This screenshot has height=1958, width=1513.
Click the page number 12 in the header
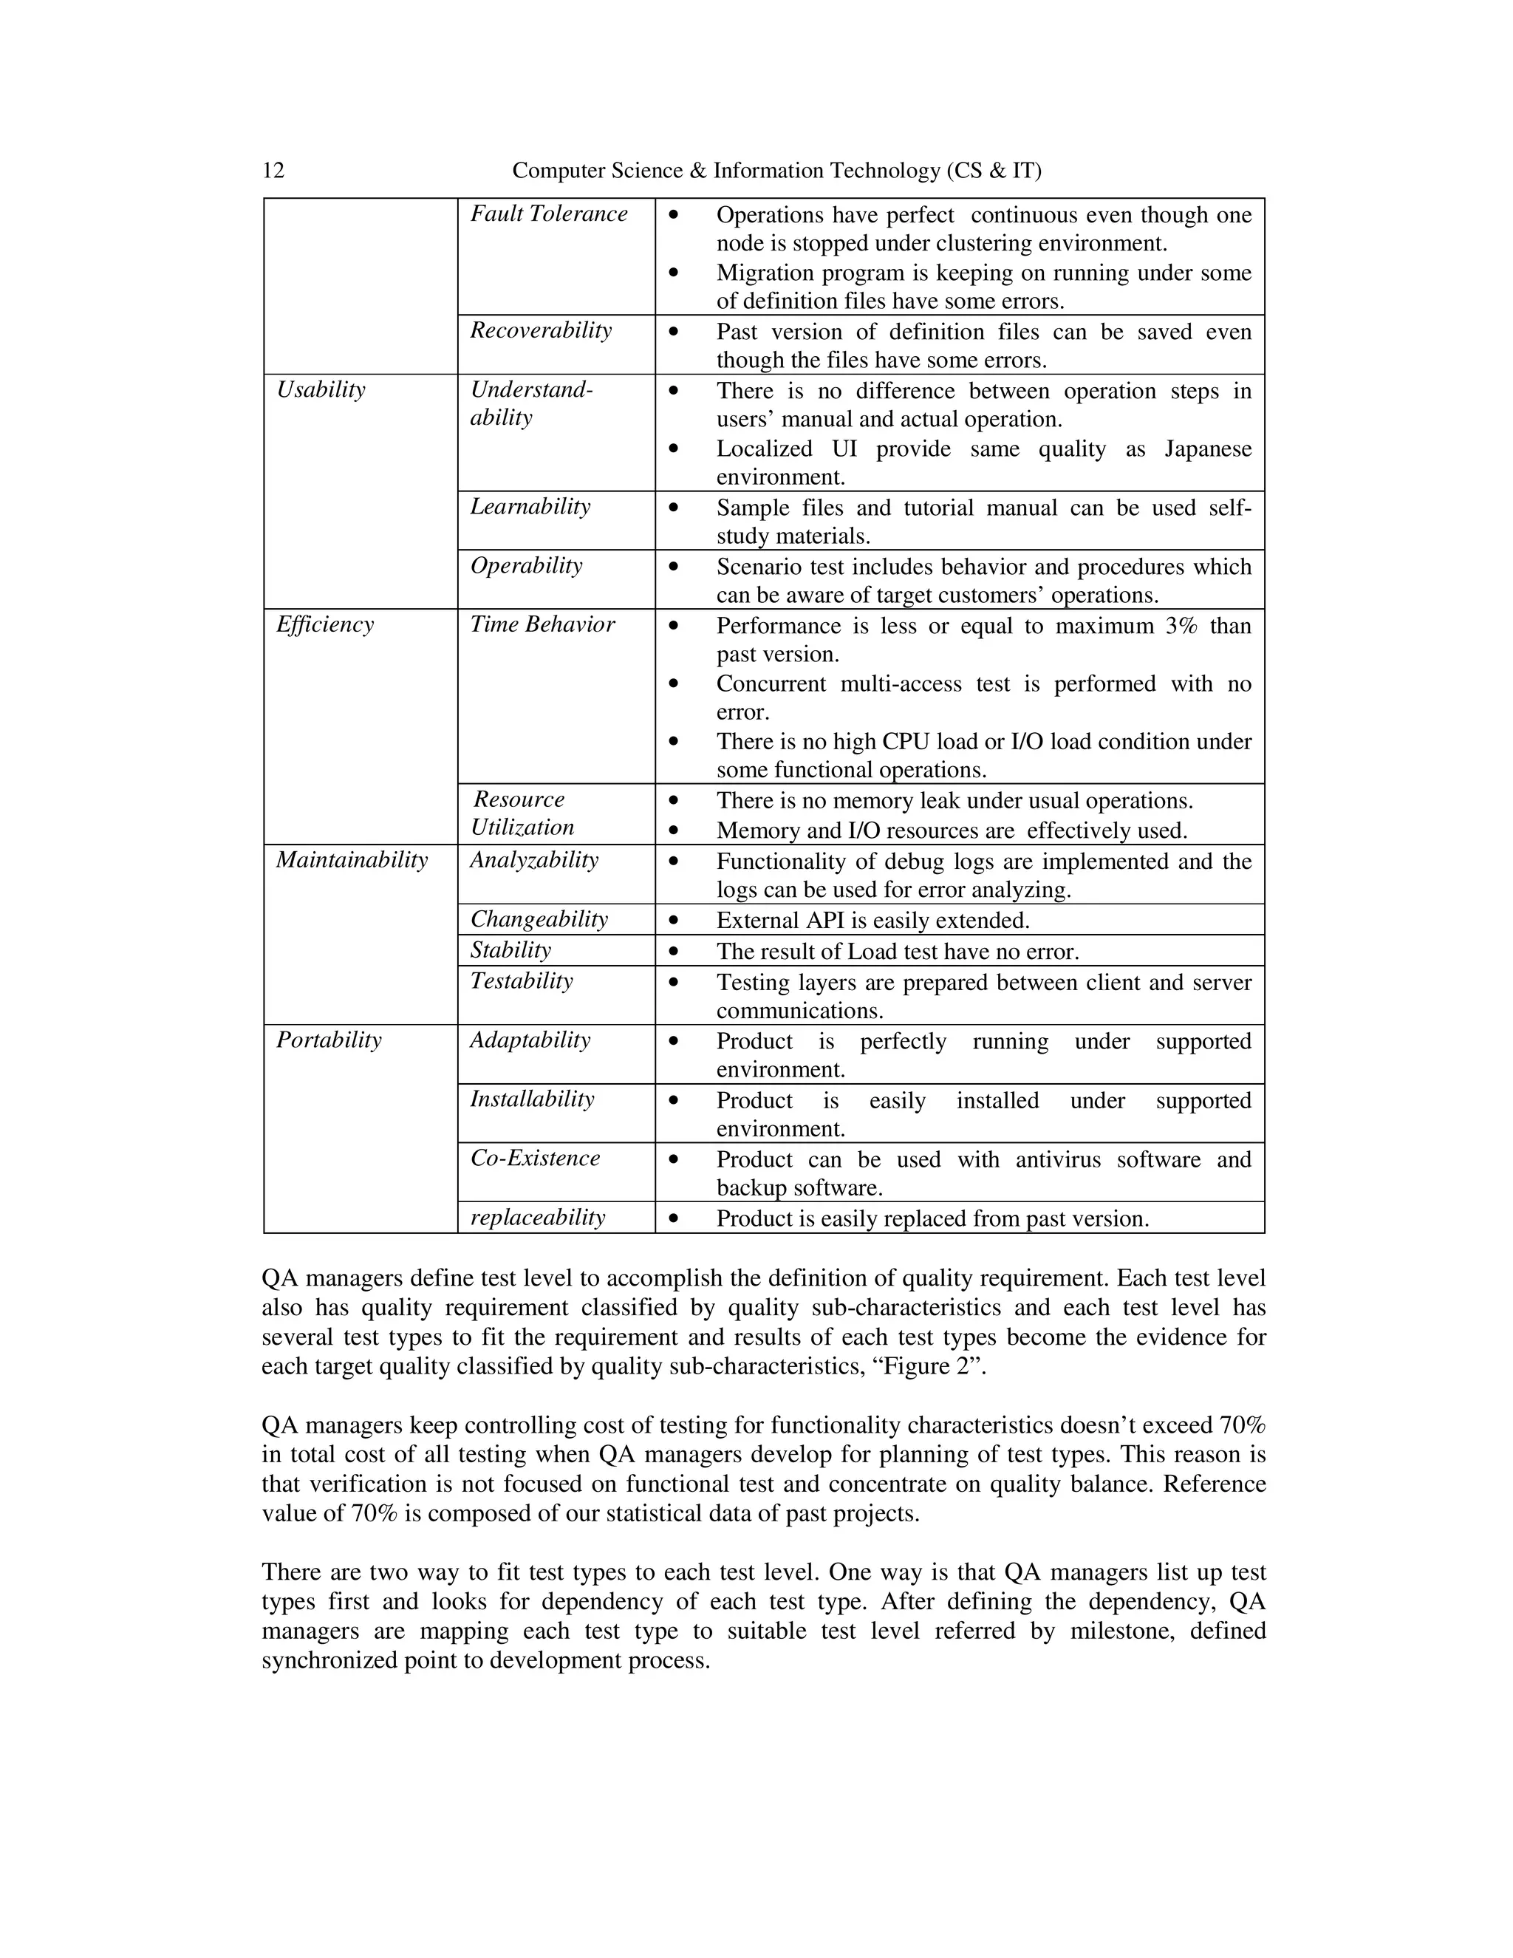coord(273,171)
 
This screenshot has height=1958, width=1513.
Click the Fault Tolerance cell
coord(549,214)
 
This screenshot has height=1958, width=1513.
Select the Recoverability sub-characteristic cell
coord(541,331)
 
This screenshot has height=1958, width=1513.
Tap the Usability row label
coord(321,390)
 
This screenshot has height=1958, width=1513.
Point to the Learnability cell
coord(530,507)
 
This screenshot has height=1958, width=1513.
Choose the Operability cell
coord(526,566)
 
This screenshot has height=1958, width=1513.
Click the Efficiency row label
coord(324,625)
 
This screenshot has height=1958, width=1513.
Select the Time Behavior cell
coord(542,625)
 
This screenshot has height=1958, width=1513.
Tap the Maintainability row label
coord(352,861)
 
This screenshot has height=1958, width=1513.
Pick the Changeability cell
coord(539,920)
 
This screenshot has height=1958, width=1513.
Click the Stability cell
coord(510,950)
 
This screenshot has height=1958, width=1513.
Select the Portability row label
coord(328,1040)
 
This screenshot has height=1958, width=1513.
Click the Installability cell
coord(531,1099)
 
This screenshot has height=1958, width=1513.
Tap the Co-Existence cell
coord(534,1159)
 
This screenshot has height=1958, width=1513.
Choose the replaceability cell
coord(538,1218)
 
